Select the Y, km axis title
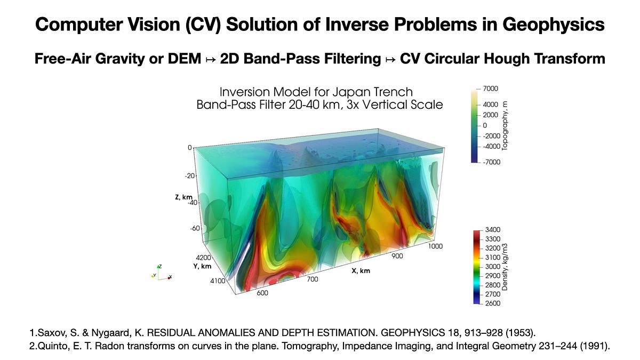pos(203,266)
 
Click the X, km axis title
pos(361,270)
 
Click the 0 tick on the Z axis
pos(190,147)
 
